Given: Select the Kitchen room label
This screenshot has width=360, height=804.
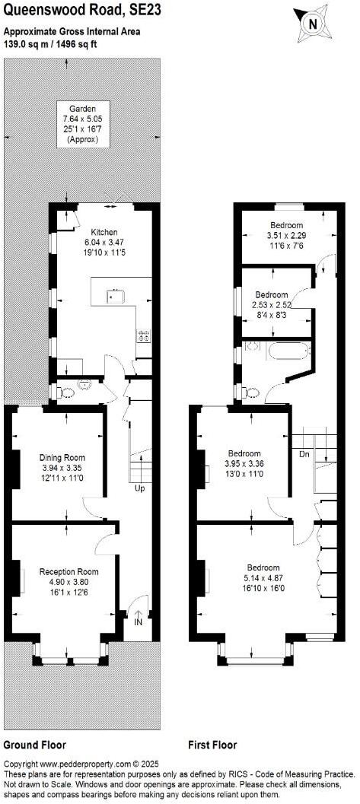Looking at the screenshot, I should (x=103, y=231).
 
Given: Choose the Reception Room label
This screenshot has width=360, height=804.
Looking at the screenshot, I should (x=69, y=571).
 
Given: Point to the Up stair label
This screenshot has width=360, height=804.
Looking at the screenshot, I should (x=139, y=488).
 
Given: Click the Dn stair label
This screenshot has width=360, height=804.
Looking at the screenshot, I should (x=304, y=454).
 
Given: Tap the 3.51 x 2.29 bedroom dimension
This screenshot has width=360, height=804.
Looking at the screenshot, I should (x=285, y=236).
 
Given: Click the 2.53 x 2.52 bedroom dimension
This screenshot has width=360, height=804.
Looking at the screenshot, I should (x=272, y=305).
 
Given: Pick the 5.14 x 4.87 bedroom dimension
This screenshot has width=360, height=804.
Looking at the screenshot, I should (x=262, y=578).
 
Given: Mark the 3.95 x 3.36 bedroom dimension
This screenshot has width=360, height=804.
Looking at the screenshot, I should (x=244, y=463).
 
